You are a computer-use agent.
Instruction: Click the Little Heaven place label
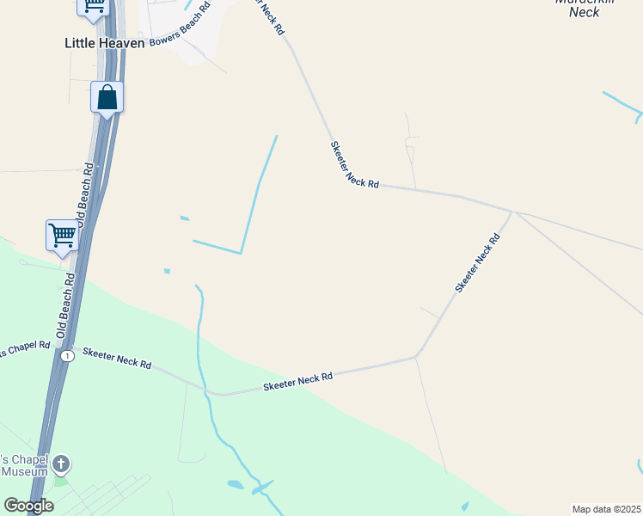coord(104,42)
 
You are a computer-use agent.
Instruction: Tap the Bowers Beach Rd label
coord(180,26)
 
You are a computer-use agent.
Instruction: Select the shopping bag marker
coord(107,97)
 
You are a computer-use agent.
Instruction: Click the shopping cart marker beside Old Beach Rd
coord(62,235)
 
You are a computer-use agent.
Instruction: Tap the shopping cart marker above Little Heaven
coord(93,6)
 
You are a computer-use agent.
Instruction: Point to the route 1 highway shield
coord(68,355)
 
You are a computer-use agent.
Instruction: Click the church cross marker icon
coord(60,465)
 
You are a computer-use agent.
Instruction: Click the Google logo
coord(28,505)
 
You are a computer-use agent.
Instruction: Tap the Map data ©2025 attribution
coord(607,509)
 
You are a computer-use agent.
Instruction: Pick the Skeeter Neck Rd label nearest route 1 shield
coord(116,359)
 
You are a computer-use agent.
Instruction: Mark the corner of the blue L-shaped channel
coord(241,253)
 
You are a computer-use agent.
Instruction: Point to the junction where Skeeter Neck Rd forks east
coord(512,212)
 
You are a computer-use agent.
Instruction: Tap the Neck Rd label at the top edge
coord(270,15)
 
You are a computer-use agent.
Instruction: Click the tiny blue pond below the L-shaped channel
coord(167,271)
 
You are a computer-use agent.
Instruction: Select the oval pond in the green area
coord(236,485)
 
